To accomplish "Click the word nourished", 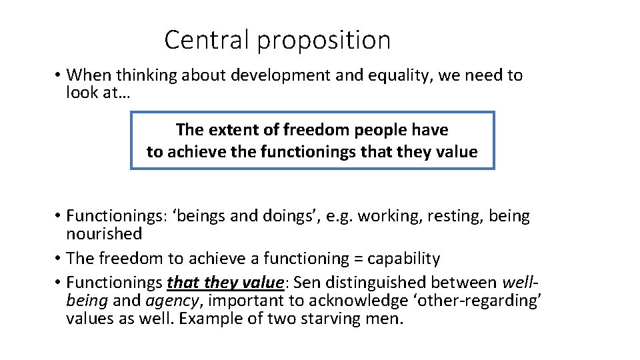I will click(104, 234).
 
